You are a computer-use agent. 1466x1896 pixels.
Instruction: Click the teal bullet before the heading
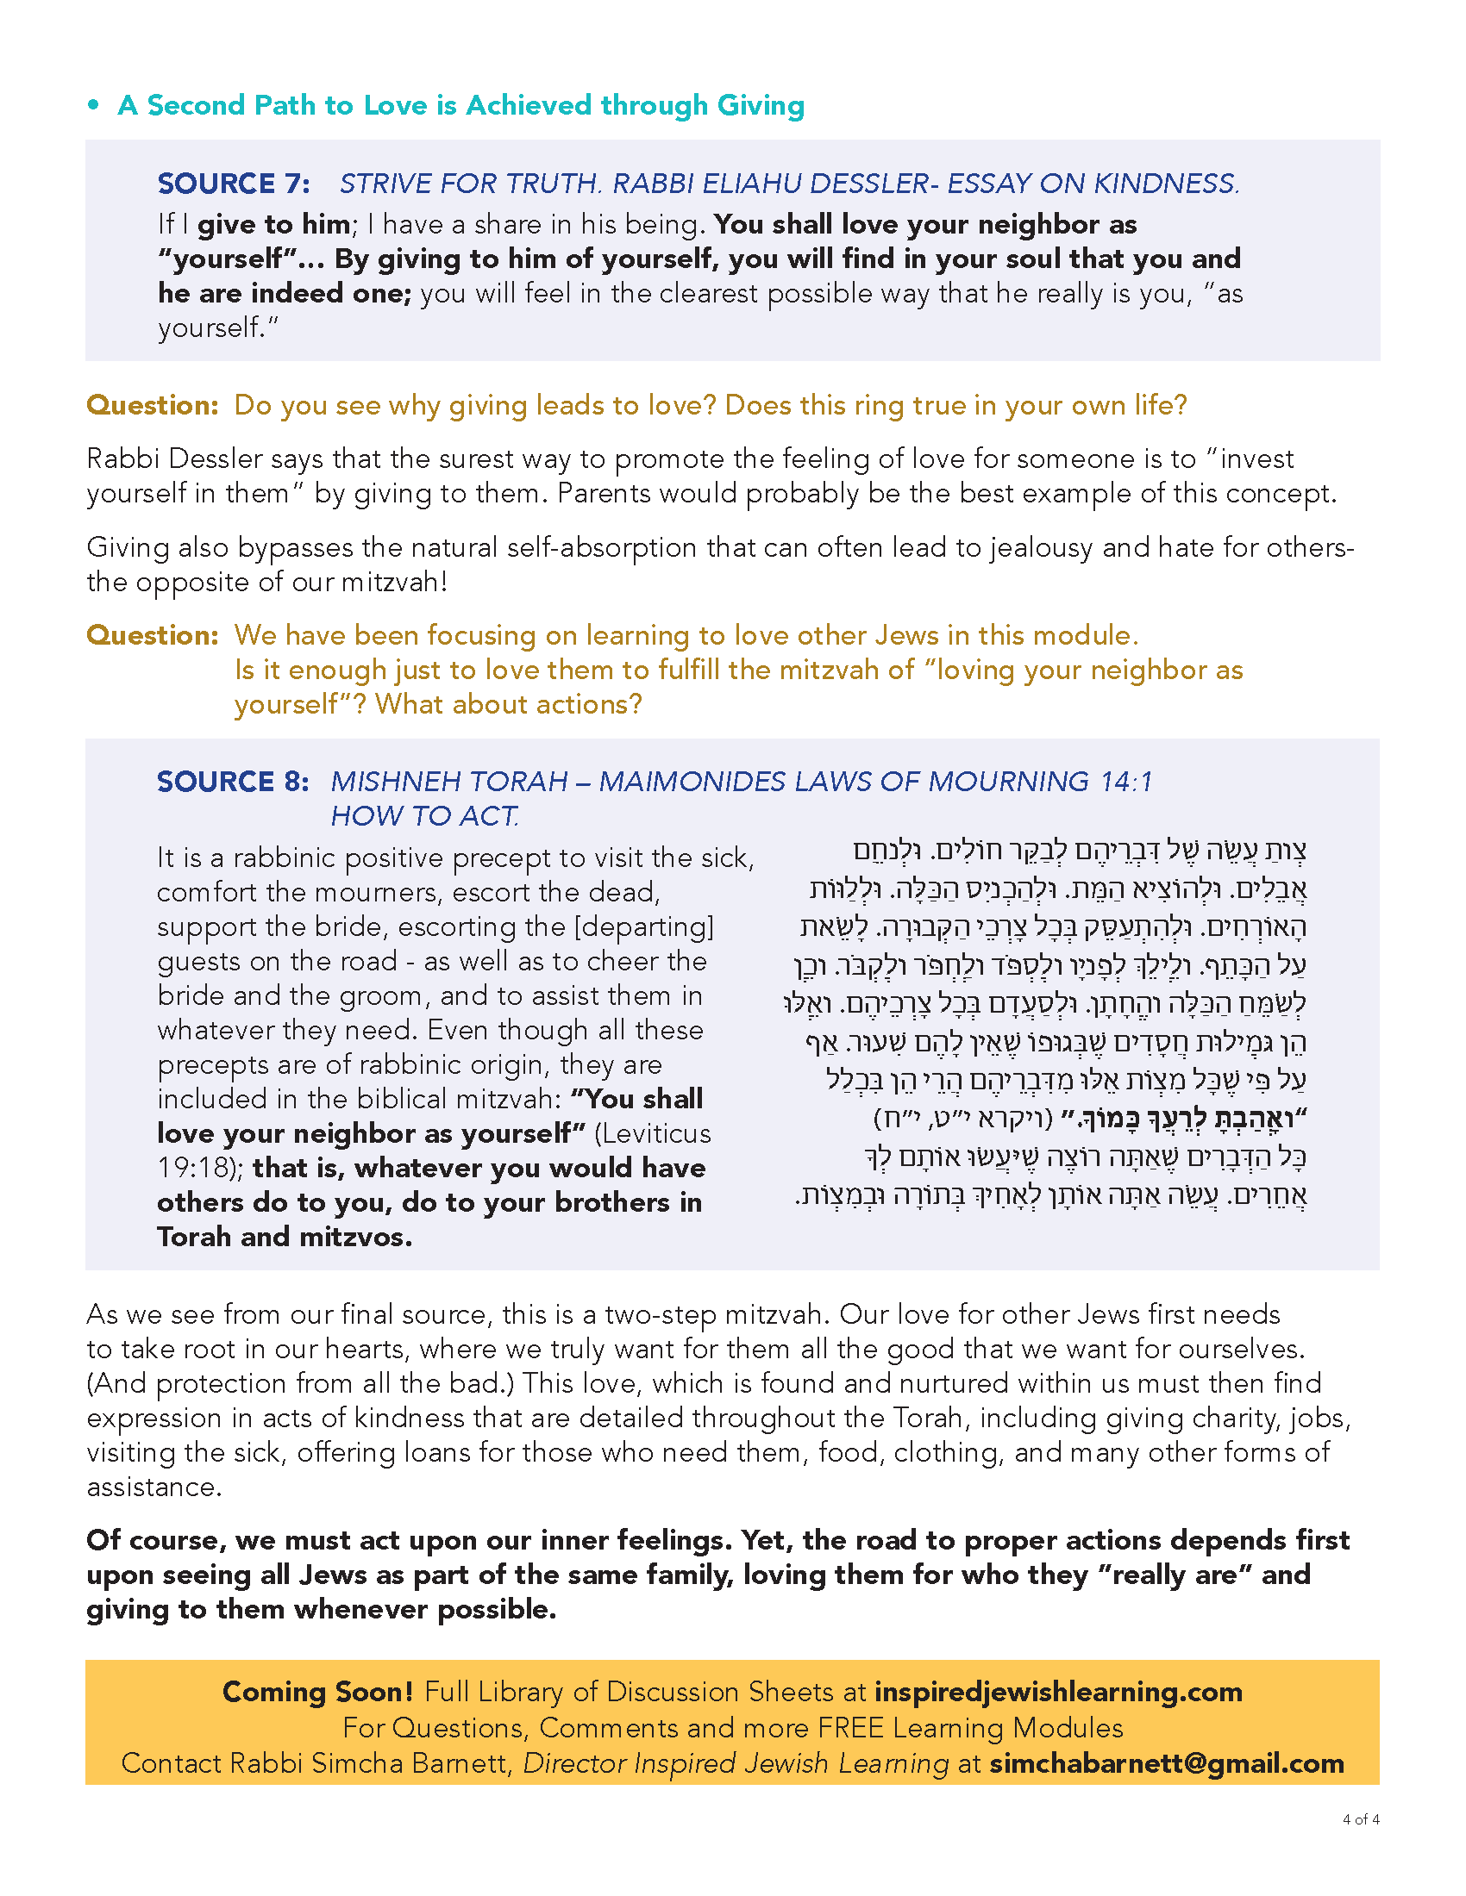[94, 106]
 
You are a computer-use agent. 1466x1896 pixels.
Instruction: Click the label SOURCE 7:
[234, 184]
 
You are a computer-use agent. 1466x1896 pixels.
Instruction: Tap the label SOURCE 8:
[233, 782]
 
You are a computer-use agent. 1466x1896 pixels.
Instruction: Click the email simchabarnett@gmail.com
[1167, 1763]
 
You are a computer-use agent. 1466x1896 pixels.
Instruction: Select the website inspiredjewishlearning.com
[1058, 1692]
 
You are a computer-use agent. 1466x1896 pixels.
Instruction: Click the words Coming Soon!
[318, 1692]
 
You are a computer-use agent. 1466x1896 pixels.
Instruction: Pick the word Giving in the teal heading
[761, 106]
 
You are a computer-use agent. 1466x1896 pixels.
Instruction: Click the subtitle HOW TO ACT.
[424, 816]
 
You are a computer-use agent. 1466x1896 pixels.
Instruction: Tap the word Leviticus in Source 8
[655, 1134]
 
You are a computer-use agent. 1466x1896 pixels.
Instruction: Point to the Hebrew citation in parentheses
[963, 1119]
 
